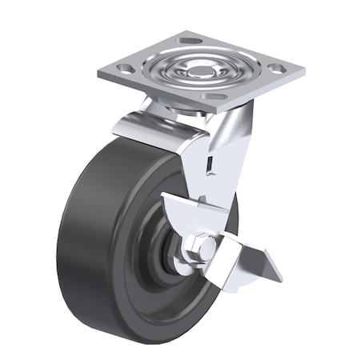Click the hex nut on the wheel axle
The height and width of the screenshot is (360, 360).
coord(202,249)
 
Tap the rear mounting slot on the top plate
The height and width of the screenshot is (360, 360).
coord(190,40)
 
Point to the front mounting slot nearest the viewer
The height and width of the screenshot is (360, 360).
coord(214,98)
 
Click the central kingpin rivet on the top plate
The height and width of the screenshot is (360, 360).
coord(200,70)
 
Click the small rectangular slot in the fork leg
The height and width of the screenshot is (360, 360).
coord(209,162)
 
